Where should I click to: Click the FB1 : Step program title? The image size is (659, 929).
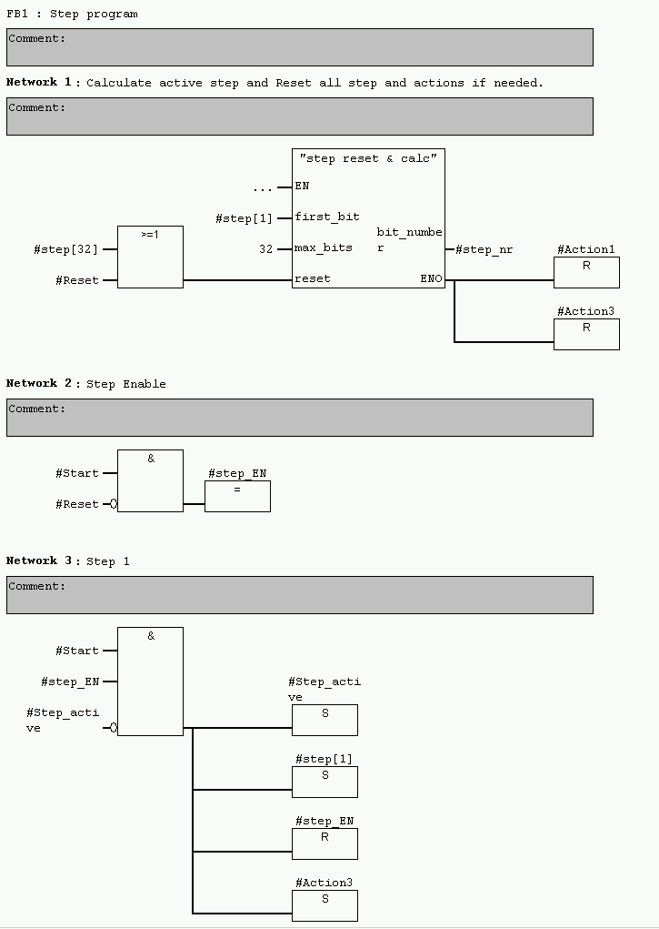point(73,15)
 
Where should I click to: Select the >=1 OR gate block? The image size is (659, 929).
point(150,257)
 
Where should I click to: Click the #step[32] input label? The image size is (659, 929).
point(65,249)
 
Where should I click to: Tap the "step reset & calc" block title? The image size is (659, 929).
point(368,158)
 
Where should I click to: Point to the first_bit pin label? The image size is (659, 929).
point(327,217)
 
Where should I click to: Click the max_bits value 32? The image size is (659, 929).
point(265,248)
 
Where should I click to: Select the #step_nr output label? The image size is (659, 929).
point(484,249)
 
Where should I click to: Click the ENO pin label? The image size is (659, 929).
point(431,278)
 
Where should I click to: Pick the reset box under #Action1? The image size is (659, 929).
point(586,272)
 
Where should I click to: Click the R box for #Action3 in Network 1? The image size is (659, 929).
point(586,334)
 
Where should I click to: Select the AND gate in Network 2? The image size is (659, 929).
point(150,480)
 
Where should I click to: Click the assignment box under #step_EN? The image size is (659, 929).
point(237,496)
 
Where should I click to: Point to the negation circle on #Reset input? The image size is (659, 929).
point(114,504)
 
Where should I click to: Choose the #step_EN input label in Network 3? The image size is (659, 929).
point(70,682)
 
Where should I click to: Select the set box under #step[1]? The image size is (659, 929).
point(325,782)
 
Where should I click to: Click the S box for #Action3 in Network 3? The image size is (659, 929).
point(325,905)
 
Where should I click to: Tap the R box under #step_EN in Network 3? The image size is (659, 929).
point(325,843)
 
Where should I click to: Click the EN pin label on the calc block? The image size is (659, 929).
point(302,186)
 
